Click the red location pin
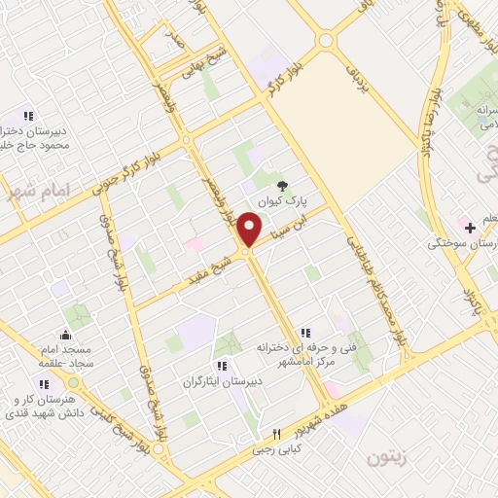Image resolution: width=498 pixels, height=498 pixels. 251,230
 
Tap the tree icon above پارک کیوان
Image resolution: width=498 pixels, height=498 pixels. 282,185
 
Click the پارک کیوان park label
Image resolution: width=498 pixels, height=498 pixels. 282,201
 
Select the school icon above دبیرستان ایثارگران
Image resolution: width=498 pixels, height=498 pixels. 223,366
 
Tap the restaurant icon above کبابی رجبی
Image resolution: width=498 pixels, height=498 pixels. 276,434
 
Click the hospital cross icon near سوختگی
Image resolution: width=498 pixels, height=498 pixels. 470,228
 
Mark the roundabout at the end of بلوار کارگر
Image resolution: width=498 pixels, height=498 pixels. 325,40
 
